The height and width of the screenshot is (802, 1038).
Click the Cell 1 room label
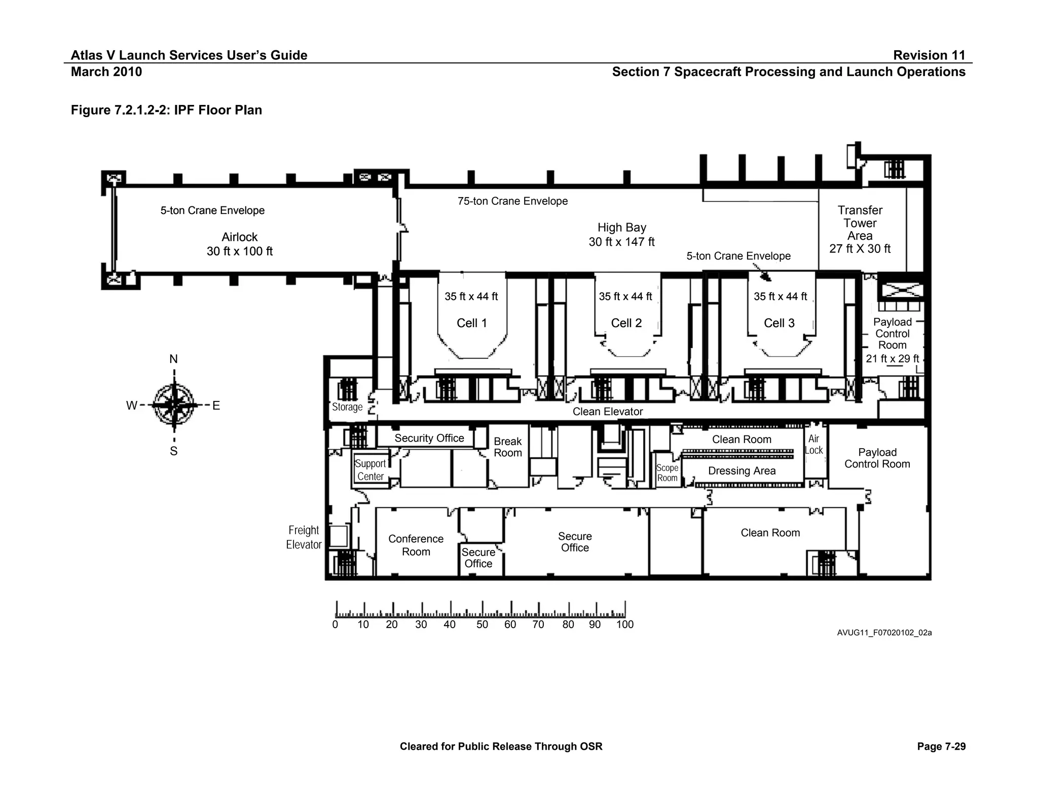coord(471,323)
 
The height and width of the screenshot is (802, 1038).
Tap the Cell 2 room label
coord(626,323)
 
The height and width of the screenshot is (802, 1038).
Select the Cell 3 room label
coord(779,323)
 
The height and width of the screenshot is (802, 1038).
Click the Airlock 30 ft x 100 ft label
coord(239,244)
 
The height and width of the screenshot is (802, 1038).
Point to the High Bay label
coord(621,234)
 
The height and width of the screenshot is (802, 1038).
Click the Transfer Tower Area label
coord(860,229)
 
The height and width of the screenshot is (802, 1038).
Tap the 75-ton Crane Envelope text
coord(512,201)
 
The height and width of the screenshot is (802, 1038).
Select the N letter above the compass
coord(173,359)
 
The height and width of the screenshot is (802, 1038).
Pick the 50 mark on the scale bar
coord(482,625)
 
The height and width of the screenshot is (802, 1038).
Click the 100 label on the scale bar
coord(624,625)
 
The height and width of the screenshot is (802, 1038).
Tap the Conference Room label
coord(416,545)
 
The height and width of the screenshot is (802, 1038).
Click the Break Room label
coord(507,447)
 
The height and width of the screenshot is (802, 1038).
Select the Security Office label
coord(429,438)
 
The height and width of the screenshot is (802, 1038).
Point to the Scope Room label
coord(667,473)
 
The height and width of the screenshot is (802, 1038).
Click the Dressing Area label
coord(742,471)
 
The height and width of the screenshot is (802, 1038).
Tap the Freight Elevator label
coord(304,537)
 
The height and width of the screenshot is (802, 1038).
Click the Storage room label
coord(347,407)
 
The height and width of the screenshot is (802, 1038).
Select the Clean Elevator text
coord(607,412)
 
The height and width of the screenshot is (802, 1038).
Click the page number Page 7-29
coord(941,746)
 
